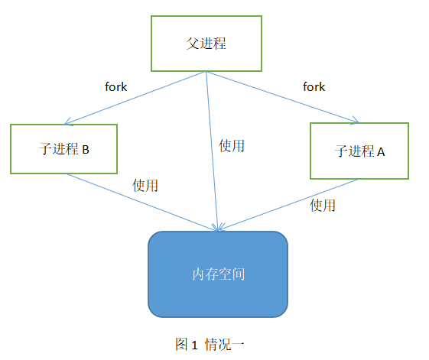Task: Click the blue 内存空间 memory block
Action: pyautogui.click(x=218, y=274)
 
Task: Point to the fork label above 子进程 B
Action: pyautogui.click(x=115, y=87)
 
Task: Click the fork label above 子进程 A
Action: pyautogui.click(x=314, y=87)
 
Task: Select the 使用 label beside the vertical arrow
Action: pyautogui.click(x=232, y=145)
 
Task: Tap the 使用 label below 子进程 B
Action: pyautogui.click(x=145, y=186)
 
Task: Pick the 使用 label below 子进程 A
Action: pyautogui.click(x=323, y=205)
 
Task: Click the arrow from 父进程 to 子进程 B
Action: pyautogui.click(x=135, y=98)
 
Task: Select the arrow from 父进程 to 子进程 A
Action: pyautogui.click(x=282, y=97)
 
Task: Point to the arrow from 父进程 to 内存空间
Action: pyautogui.click(x=212, y=151)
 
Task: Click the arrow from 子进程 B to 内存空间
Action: pyautogui.click(x=141, y=202)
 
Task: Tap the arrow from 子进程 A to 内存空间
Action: pyautogui.click(x=288, y=205)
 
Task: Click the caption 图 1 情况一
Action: pyautogui.click(x=210, y=344)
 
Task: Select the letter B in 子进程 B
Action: pyautogui.click(x=86, y=150)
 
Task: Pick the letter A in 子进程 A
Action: pyautogui.click(x=381, y=152)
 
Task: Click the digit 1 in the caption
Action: pyautogui.click(x=194, y=345)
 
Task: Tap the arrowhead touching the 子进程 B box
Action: pyautogui.click(x=68, y=122)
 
